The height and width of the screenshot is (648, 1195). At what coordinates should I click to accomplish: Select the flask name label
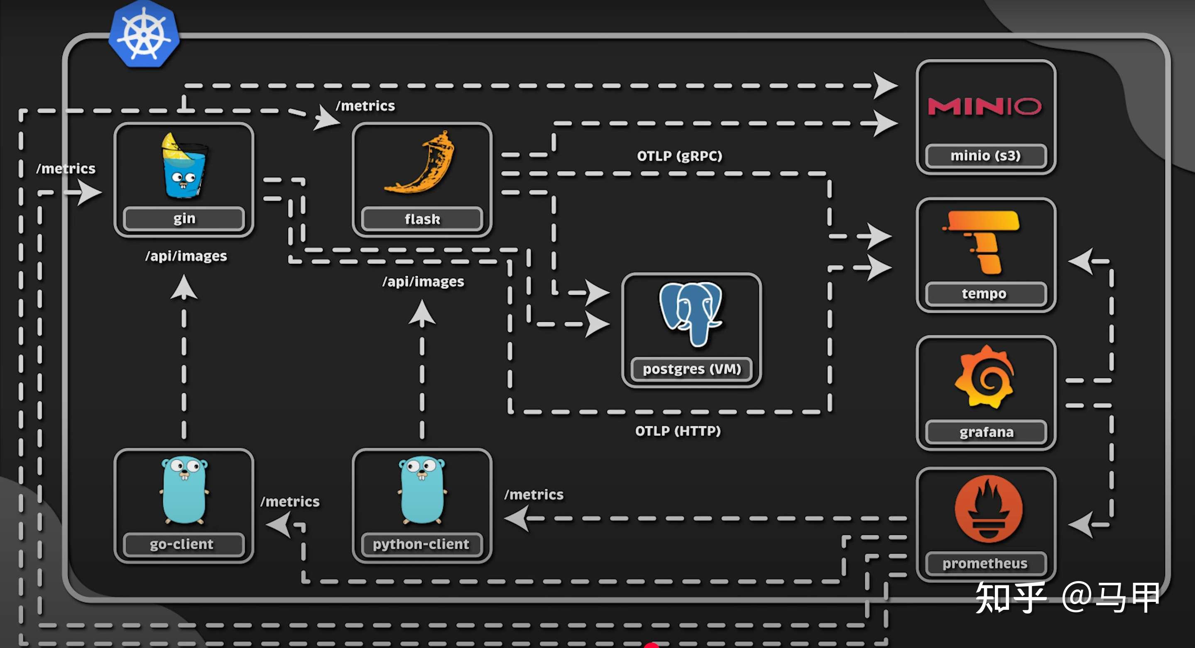(422, 219)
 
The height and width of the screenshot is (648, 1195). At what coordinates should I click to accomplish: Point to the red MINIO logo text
(984, 106)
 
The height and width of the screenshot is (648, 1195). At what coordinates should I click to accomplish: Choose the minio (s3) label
(985, 155)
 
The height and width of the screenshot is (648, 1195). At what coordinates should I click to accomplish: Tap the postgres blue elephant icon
(691, 313)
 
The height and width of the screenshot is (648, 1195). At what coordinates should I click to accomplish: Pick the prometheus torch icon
(988, 509)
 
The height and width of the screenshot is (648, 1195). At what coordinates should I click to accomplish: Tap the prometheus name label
(985, 564)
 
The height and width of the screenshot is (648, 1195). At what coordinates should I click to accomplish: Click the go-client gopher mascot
(184, 490)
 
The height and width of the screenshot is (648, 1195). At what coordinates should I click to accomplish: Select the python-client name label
(421, 544)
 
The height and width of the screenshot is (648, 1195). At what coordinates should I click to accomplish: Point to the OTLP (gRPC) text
(679, 156)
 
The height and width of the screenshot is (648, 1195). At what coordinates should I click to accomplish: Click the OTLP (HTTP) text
(678, 431)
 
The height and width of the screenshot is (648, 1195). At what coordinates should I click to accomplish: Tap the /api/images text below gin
(186, 256)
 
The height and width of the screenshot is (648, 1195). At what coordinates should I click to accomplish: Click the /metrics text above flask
(365, 106)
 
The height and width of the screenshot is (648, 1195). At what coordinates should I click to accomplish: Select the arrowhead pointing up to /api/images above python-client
(422, 312)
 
